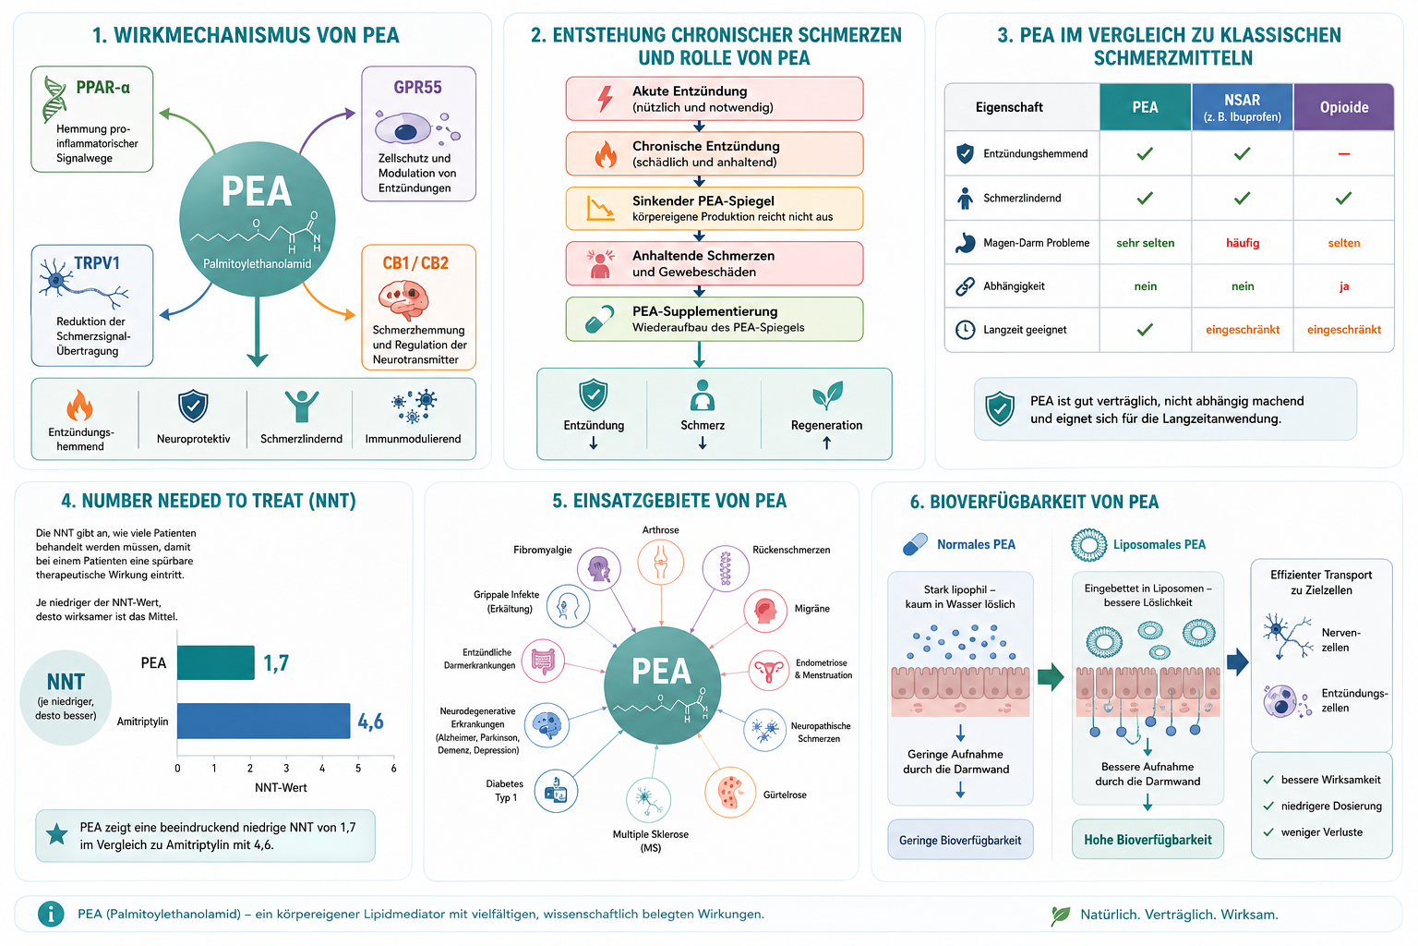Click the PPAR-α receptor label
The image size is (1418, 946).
[x=103, y=88]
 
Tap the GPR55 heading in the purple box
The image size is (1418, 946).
[x=418, y=88]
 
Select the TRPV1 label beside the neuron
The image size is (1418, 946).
[x=97, y=263]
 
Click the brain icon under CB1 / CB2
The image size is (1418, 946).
[x=403, y=299]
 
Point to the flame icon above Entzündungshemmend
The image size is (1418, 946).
[x=79, y=405]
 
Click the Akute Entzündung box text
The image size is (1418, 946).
[x=703, y=99]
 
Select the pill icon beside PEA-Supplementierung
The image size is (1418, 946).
[x=599, y=320]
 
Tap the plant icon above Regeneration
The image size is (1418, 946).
[x=827, y=395]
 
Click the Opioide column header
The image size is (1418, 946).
[x=1344, y=107]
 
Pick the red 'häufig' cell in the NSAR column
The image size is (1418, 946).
[x=1243, y=243]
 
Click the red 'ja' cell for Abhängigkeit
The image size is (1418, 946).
[x=1344, y=286]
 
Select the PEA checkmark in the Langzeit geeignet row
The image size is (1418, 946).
[x=1145, y=330]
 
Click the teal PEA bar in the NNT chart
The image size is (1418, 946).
[x=216, y=662]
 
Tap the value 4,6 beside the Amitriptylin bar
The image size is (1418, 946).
[x=370, y=722]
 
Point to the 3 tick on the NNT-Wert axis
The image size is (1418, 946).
[x=286, y=768]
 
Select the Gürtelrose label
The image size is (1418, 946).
[x=785, y=794]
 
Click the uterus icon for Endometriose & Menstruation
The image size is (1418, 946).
[x=769, y=670]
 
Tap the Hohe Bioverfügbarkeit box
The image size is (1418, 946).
[x=1148, y=840]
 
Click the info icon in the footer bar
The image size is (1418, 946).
[x=51, y=914]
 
